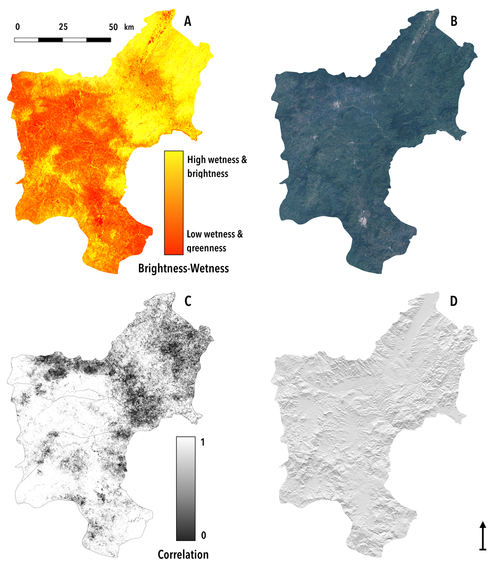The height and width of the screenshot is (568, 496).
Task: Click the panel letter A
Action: pos(188,21)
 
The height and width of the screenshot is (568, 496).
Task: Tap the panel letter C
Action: pos(188,301)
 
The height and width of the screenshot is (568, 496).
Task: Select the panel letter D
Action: pos(454,301)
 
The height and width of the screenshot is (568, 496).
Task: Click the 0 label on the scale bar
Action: pos(18,27)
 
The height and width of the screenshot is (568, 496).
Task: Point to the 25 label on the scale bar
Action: pos(63,27)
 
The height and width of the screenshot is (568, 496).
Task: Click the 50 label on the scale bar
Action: pos(113,27)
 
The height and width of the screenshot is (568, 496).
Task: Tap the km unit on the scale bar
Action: pos(129,27)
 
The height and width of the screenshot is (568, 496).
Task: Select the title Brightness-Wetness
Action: pos(183,268)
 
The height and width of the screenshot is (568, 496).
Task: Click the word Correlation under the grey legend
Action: pos(183,554)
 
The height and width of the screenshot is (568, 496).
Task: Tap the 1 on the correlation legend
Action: pos(203,442)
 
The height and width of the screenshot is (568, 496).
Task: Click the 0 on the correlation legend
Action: pos(203,535)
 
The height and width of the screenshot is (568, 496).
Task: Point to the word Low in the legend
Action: pos(194,234)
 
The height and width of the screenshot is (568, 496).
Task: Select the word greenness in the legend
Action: pos(206,248)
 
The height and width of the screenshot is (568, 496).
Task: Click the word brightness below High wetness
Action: pos(208,174)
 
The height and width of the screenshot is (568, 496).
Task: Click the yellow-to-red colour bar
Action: pos(174,202)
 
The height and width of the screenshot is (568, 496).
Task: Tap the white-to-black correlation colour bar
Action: pos(186,489)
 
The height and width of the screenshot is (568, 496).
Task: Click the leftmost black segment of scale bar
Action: pos(50,40)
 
